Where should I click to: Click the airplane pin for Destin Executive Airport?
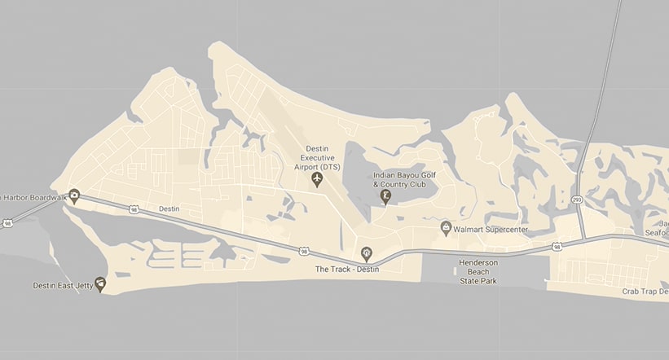coord(318,178)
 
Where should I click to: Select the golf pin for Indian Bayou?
coord(385,195)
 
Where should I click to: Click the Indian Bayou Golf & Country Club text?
coord(399,179)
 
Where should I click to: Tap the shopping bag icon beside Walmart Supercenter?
coord(445,227)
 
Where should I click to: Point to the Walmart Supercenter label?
coord(491,230)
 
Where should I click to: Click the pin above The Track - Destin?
coord(366,253)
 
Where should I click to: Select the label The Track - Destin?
coord(349,269)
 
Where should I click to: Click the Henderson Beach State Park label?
coord(478,272)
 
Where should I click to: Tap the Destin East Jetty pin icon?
coord(100,283)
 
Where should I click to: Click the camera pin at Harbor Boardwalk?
coord(74,195)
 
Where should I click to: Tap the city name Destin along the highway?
coord(169,209)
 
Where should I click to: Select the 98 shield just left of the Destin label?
coord(134,209)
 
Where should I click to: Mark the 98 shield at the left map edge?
coord(7,222)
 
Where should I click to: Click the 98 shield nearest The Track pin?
coord(303,251)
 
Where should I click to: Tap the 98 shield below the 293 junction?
coord(556,245)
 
